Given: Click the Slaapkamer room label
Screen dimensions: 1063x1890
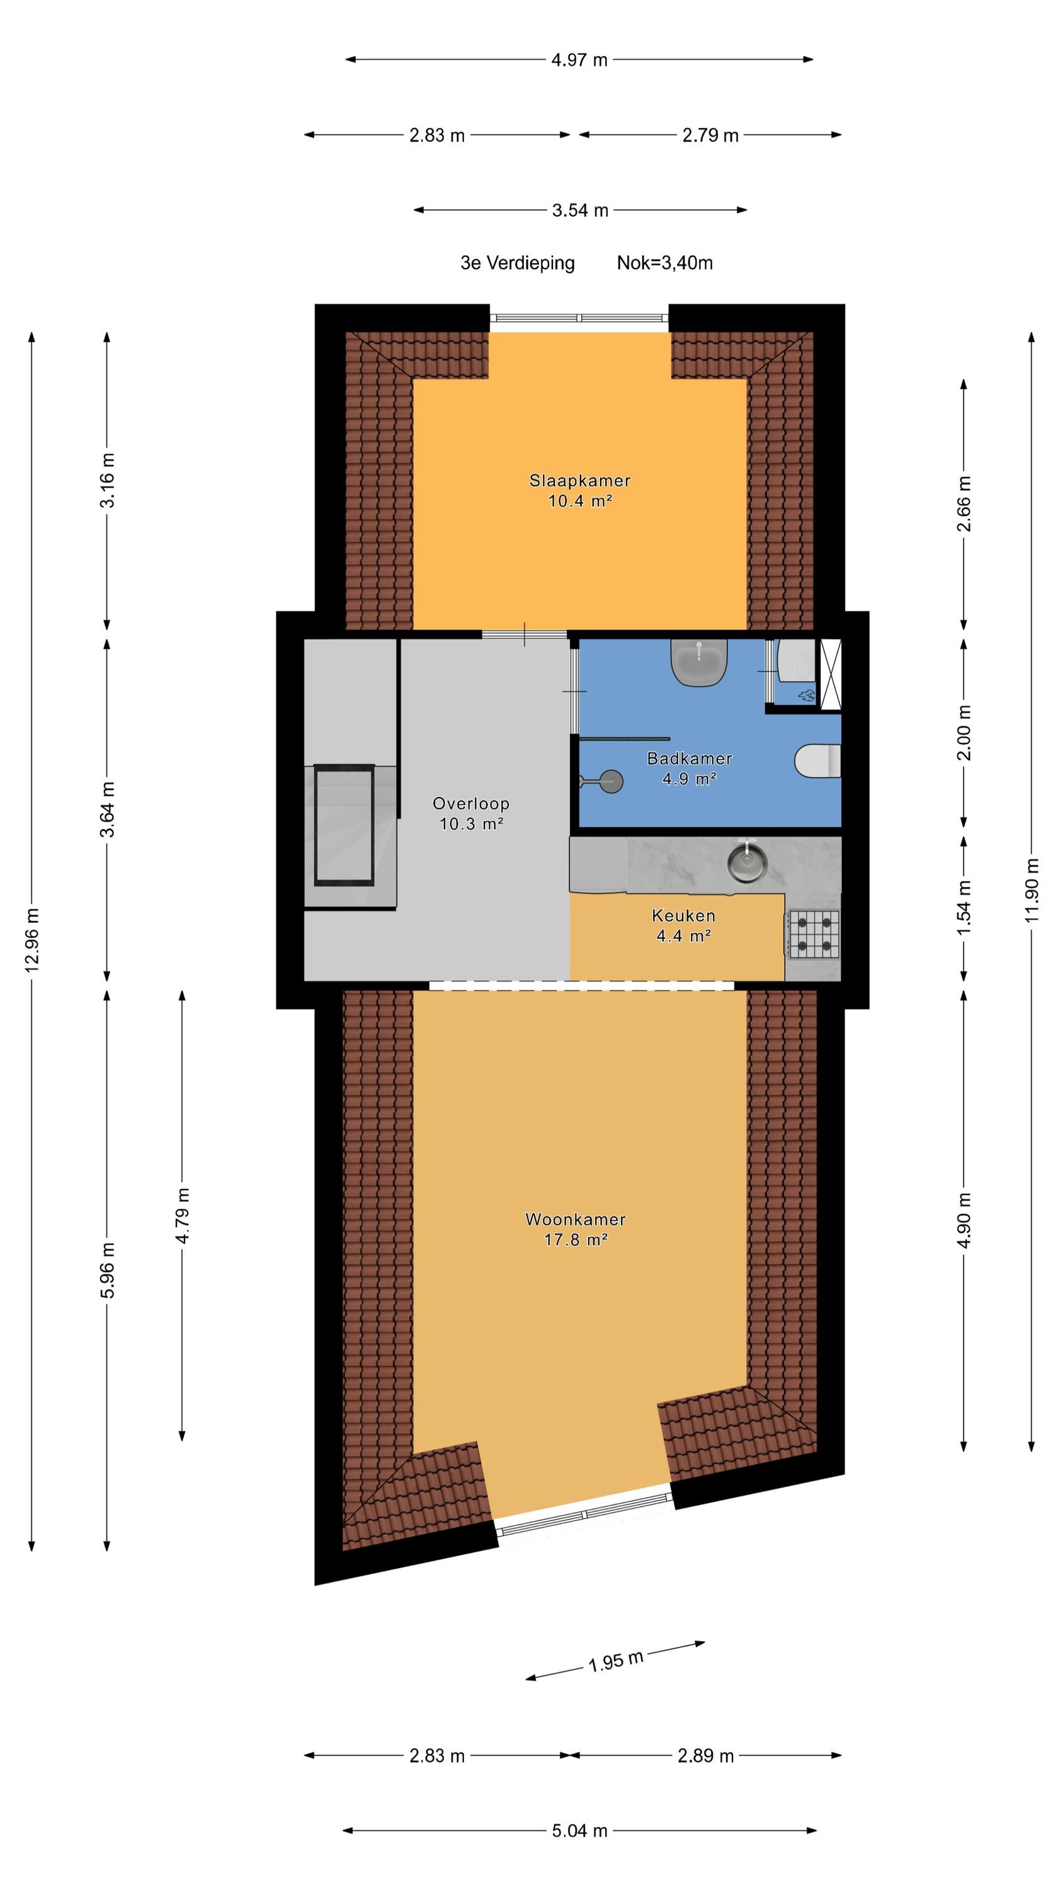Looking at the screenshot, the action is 579,481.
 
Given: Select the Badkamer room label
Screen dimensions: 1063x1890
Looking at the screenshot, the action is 689,759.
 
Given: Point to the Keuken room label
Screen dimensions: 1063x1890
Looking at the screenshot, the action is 683,915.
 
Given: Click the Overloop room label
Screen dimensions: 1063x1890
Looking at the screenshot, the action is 471,803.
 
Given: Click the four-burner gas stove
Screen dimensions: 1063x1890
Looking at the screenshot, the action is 814,934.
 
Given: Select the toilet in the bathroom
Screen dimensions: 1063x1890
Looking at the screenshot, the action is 817,760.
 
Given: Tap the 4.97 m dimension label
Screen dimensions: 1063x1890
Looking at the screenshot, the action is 579,60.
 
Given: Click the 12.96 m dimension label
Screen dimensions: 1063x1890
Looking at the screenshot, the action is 32,940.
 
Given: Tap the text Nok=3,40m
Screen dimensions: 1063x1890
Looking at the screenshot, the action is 664,263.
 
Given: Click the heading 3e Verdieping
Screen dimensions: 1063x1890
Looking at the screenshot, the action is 517,263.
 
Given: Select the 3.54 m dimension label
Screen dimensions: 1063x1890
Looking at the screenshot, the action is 580,210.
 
